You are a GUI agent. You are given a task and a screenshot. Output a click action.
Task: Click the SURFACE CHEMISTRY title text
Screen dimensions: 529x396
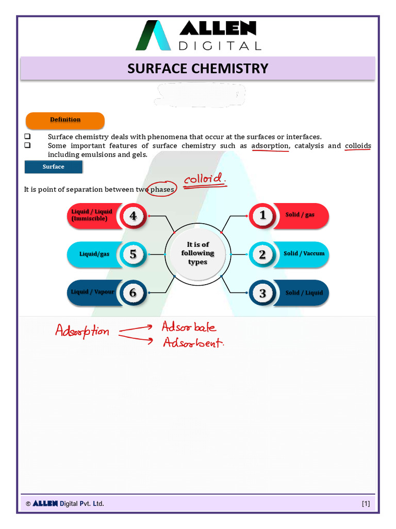click(x=198, y=68)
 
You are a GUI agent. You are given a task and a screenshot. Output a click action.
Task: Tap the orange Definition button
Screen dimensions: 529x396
click(x=65, y=120)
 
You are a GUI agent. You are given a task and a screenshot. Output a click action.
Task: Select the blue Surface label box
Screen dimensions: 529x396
click(x=54, y=167)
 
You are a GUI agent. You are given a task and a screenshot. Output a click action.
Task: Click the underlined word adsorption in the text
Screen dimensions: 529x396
click(x=270, y=146)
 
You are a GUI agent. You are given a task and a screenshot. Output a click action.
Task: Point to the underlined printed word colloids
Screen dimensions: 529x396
click(x=358, y=146)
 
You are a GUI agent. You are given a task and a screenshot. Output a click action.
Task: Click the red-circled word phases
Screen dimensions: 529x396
click(x=162, y=190)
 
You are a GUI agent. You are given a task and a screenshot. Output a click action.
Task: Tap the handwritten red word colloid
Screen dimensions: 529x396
click(x=205, y=180)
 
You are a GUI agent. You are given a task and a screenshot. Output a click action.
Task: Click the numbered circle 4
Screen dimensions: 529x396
click(x=133, y=216)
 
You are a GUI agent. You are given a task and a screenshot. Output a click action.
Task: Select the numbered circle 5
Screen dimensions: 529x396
click(x=133, y=254)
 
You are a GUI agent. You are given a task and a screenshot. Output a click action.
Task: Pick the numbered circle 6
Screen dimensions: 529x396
click(x=133, y=292)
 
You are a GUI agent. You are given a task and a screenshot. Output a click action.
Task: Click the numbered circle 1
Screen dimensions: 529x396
click(x=262, y=215)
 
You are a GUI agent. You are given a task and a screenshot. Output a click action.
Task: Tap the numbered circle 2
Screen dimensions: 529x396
click(x=262, y=254)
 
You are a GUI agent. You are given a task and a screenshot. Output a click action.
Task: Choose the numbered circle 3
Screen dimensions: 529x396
click(x=262, y=293)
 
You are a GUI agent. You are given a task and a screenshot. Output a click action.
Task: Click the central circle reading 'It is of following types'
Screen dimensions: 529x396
click(x=197, y=254)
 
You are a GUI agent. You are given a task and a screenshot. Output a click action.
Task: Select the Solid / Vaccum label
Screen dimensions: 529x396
click(x=304, y=254)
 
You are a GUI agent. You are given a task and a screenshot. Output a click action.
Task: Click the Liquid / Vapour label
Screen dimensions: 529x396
click(x=93, y=292)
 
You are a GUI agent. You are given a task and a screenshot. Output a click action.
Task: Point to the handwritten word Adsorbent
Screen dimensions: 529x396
click(x=193, y=342)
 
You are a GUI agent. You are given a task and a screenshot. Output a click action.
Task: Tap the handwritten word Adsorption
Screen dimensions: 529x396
click(x=82, y=331)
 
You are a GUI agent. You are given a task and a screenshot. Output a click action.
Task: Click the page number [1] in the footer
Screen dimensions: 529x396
click(x=366, y=504)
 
